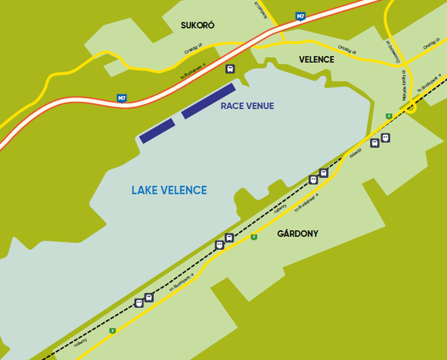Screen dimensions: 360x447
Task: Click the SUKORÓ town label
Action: [x=197, y=25]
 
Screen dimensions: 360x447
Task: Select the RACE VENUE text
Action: [x=247, y=106]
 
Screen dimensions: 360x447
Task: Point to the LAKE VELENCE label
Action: [x=169, y=191]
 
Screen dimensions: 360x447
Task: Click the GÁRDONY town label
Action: [x=297, y=233]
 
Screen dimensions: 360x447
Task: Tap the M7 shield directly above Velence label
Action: [x=300, y=15]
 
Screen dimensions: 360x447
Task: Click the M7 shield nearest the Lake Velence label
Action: [x=121, y=98]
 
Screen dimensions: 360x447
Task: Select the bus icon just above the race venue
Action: [x=230, y=69]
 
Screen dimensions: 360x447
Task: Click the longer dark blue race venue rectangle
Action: [x=209, y=101]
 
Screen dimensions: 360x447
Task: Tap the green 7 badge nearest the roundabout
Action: [x=389, y=116]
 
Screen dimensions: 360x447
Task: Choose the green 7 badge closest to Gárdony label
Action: [x=254, y=237]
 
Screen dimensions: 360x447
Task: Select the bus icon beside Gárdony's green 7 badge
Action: [x=229, y=238]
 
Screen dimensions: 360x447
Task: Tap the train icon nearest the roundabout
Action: [x=375, y=142]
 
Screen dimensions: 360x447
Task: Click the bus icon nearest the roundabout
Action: [x=385, y=137]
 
